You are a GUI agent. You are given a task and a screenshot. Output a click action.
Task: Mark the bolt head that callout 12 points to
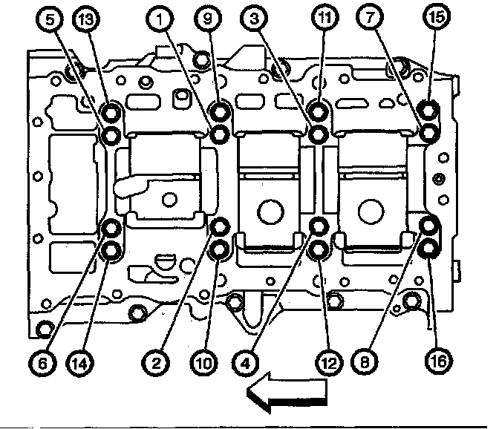(x=317, y=250)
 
